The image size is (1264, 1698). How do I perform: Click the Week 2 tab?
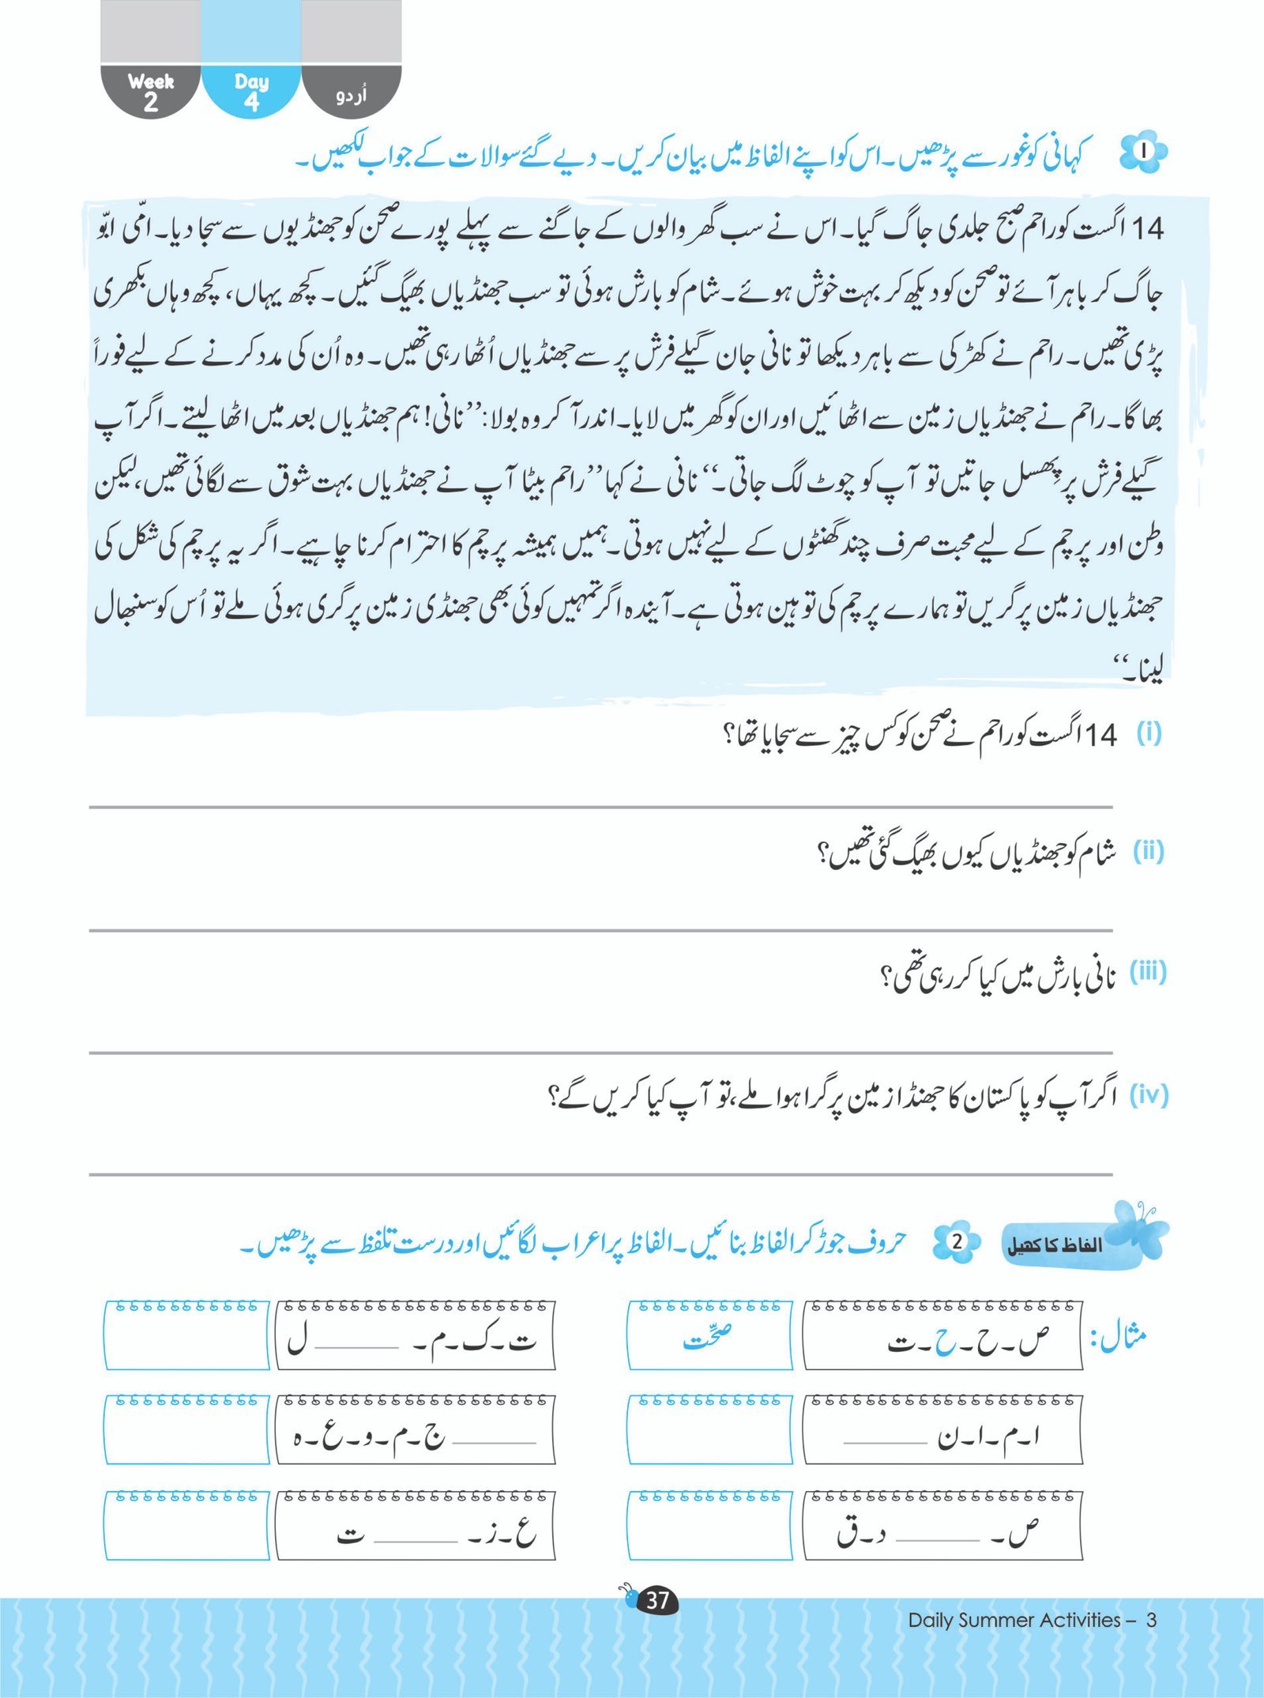[150, 91]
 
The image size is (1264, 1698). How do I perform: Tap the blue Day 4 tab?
[251, 91]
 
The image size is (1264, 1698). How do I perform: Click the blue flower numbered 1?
[1143, 150]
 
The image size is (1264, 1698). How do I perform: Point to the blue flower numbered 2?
[957, 1241]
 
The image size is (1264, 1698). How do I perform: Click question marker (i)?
[1148, 734]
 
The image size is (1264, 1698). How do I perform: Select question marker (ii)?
[1148, 851]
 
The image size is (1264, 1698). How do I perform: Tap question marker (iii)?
[1148, 972]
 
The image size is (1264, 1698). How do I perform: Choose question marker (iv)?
[1148, 1095]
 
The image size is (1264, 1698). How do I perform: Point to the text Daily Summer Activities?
[1014, 1620]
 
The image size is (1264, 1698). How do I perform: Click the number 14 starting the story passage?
[1147, 229]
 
